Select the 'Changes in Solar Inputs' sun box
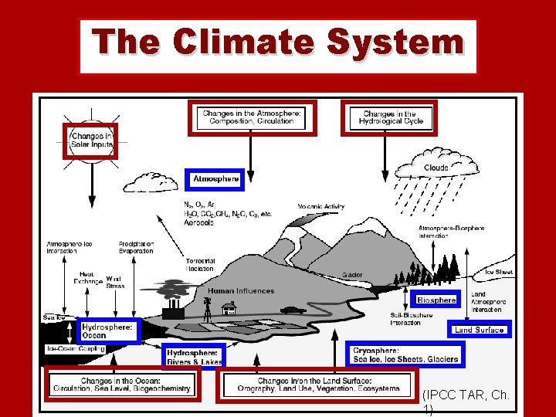(x=90, y=141)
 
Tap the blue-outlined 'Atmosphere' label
(x=215, y=179)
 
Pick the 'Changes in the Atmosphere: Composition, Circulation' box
(x=252, y=117)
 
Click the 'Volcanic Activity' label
(x=321, y=206)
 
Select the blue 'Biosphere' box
(x=436, y=300)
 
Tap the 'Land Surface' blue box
(x=480, y=330)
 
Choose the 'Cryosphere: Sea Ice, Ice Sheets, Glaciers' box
(x=405, y=354)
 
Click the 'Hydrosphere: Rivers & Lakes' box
(x=194, y=357)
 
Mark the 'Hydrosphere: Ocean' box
(x=108, y=331)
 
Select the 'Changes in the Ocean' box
(x=123, y=385)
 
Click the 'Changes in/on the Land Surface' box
(x=318, y=385)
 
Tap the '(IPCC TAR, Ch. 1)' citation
(x=466, y=400)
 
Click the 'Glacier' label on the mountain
(x=352, y=275)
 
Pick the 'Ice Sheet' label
(x=498, y=272)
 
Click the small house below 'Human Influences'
(x=229, y=308)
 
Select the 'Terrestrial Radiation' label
(x=200, y=265)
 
